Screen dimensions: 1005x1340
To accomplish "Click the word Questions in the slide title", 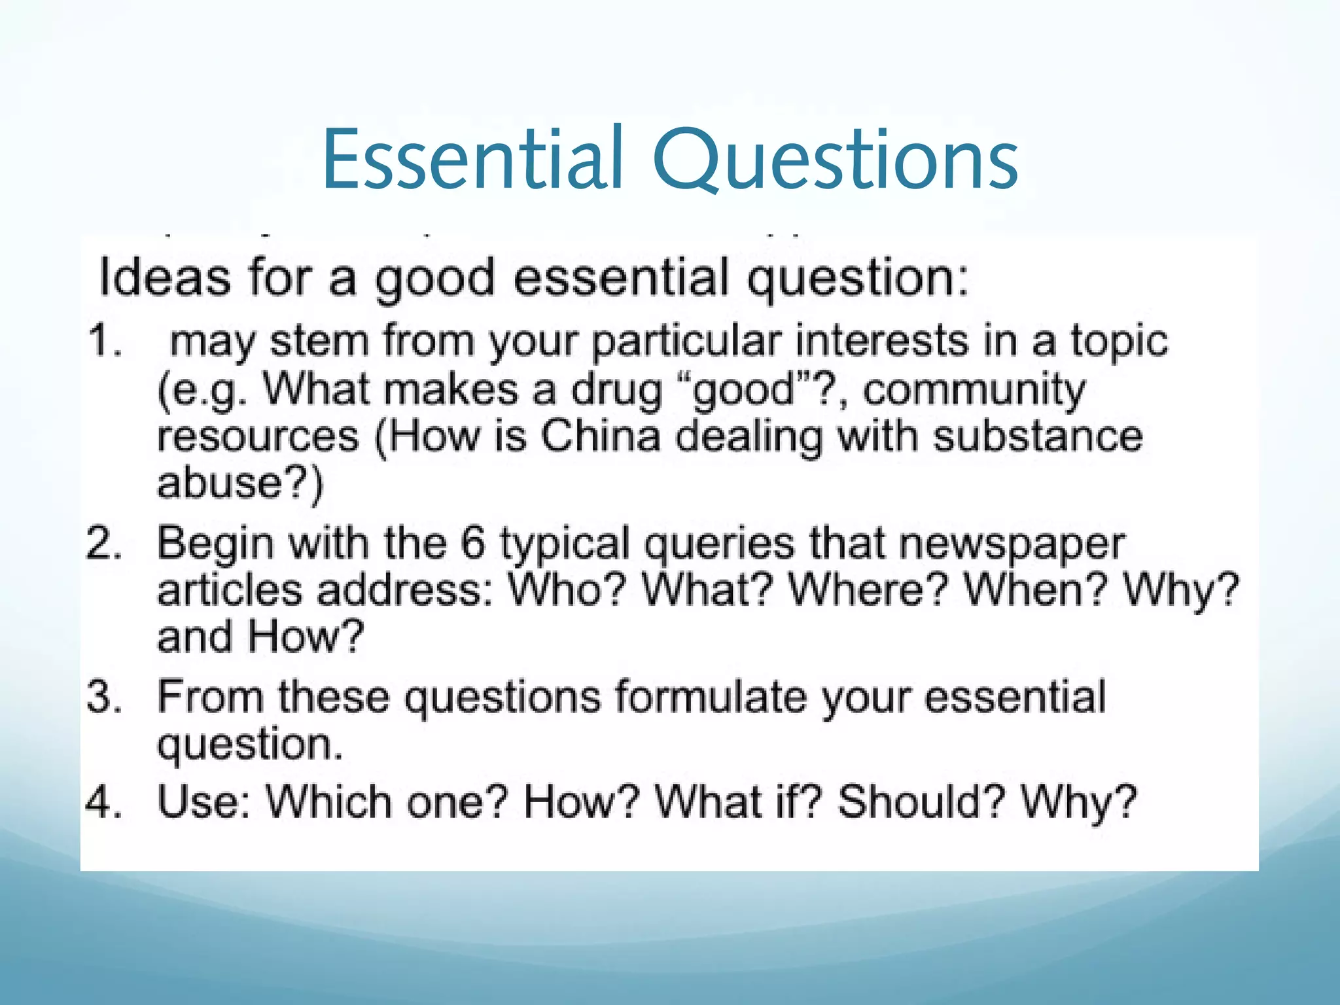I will pos(836,159).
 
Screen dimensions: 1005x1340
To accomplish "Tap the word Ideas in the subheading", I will pos(164,277).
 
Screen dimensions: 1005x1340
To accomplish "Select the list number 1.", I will pos(105,341).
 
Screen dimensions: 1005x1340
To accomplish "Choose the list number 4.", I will pos(104,802).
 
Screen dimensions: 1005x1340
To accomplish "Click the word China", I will pos(601,436).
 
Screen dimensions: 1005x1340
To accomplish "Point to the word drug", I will pos(616,390).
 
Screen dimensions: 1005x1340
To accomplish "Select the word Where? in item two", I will pos(868,590).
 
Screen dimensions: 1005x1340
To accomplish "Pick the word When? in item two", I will pos(1034,590).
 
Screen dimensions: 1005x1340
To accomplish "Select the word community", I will pos(974,390).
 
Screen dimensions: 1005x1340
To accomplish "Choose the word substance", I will pos(1037,436).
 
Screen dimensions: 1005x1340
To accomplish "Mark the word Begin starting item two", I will pos(215,544).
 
